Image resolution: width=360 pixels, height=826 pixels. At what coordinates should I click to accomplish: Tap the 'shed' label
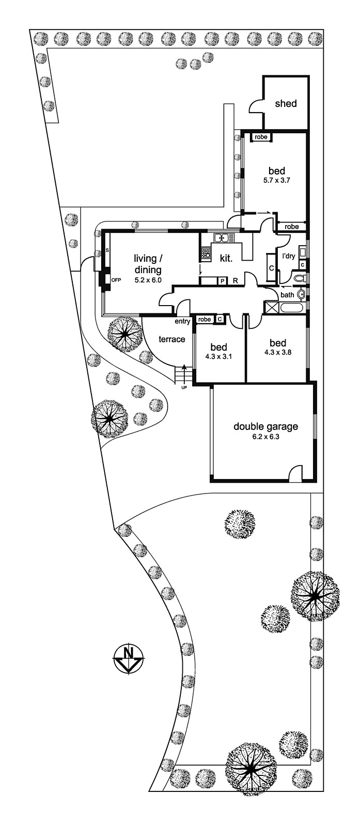pos(286,103)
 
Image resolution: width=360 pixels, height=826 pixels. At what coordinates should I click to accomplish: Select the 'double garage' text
pos(265,426)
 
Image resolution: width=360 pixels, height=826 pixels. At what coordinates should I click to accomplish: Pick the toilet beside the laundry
pos(298,279)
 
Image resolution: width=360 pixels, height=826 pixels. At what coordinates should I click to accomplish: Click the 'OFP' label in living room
pos(116,280)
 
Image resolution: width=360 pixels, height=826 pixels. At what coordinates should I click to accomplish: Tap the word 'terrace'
pos(171,339)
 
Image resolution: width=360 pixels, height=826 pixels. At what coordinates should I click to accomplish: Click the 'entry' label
pos(182,321)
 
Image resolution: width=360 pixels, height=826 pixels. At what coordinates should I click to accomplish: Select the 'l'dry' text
pos(288,256)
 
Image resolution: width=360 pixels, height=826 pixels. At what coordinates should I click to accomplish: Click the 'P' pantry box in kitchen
pos(223,281)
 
